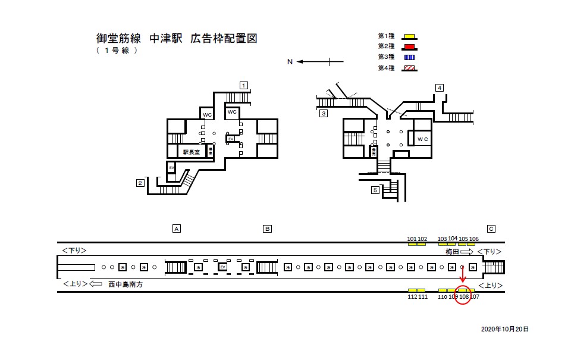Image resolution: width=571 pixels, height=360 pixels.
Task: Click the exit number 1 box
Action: click(x=243, y=84)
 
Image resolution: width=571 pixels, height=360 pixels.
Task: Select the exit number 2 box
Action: click(x=140, y=183)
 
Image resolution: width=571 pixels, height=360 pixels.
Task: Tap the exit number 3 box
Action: click(x=324, y=113)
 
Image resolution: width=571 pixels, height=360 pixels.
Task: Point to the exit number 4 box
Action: click(x=439, y=87)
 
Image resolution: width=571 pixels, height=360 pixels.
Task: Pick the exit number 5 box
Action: click(x=375, y=190)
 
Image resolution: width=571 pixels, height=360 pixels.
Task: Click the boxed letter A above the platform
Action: click(x=176, y=228)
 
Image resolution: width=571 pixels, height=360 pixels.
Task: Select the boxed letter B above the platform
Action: click(x=268, y=228)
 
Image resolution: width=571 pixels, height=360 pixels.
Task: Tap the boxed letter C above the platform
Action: click(x=491, y=228)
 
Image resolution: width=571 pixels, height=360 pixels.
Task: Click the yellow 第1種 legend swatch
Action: click(x=409, y=36)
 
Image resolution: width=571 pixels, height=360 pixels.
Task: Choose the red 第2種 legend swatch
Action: click(x=409, y=47)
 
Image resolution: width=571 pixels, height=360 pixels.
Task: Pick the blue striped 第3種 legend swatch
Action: click(x=409, y=58)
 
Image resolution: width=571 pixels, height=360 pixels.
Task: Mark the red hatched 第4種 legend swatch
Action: click(x=409, y=68)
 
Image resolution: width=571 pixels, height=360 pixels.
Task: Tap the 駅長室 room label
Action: click(x=192, y=152)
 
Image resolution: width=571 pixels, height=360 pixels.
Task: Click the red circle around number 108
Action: click(x=463, y=296)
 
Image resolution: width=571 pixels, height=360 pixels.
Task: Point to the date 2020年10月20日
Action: click(x=504, y=328)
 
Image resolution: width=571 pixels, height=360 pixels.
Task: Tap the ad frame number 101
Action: click(x=412, y=239)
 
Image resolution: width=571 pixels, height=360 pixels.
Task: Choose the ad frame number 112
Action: click(x=412, y=296)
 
